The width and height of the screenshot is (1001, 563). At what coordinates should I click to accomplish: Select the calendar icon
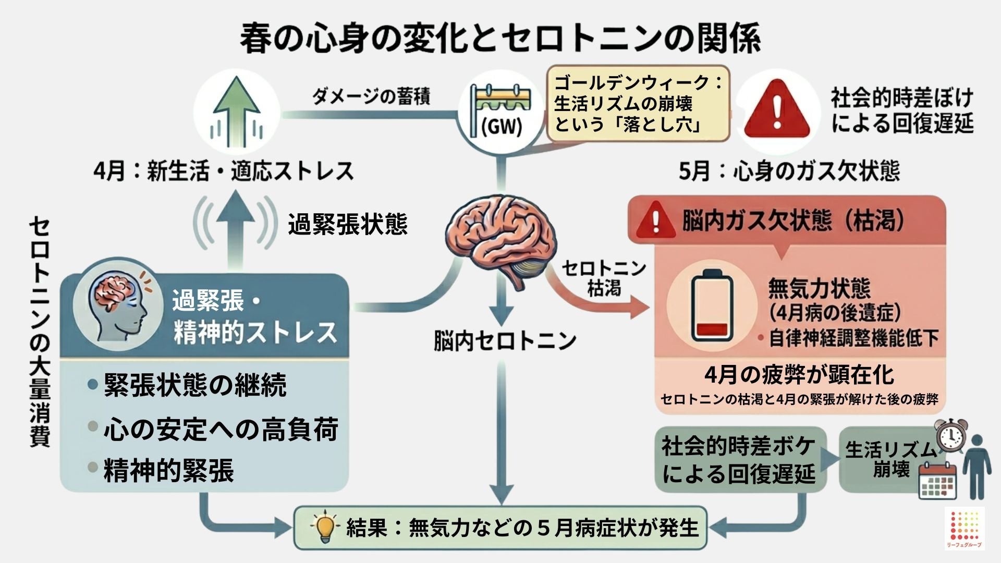(x=937, y=481)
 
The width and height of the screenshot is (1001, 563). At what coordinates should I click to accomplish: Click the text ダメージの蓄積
(x=371, y=97)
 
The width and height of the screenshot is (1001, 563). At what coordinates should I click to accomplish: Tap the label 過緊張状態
(x=348, y=225)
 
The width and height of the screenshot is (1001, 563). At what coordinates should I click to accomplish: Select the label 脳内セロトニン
(x=505, y=341)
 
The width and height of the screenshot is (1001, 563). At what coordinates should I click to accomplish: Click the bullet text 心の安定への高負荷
(x=221, y=429)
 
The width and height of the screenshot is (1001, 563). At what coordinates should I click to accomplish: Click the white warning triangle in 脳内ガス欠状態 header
(x=656, y=221)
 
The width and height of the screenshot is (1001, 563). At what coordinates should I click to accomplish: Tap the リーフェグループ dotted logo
(x=965, y=528)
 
